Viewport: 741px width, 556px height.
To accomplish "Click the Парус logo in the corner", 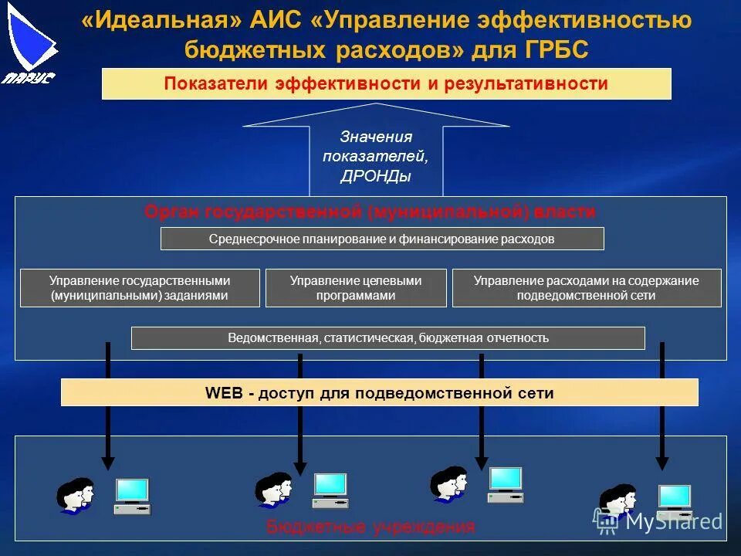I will (29, 42).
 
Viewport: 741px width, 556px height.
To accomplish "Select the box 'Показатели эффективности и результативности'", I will (386, 83).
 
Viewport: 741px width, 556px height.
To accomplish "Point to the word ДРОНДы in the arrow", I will (375, 177).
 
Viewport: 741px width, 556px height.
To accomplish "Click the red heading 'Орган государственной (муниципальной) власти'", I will (370, 212).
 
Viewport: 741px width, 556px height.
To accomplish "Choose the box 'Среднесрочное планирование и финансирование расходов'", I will (381, 239).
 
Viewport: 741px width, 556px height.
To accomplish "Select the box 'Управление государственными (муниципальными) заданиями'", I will (140, 288).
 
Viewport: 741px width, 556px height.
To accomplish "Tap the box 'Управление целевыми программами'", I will (356, 288).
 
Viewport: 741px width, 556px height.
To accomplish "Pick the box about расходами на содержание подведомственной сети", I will (586, 288).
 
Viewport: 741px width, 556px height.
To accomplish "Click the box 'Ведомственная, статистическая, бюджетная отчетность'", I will (387, 338).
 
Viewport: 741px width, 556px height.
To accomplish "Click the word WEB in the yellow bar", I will (224, 393).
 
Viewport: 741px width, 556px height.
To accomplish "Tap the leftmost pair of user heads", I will (75, 495).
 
